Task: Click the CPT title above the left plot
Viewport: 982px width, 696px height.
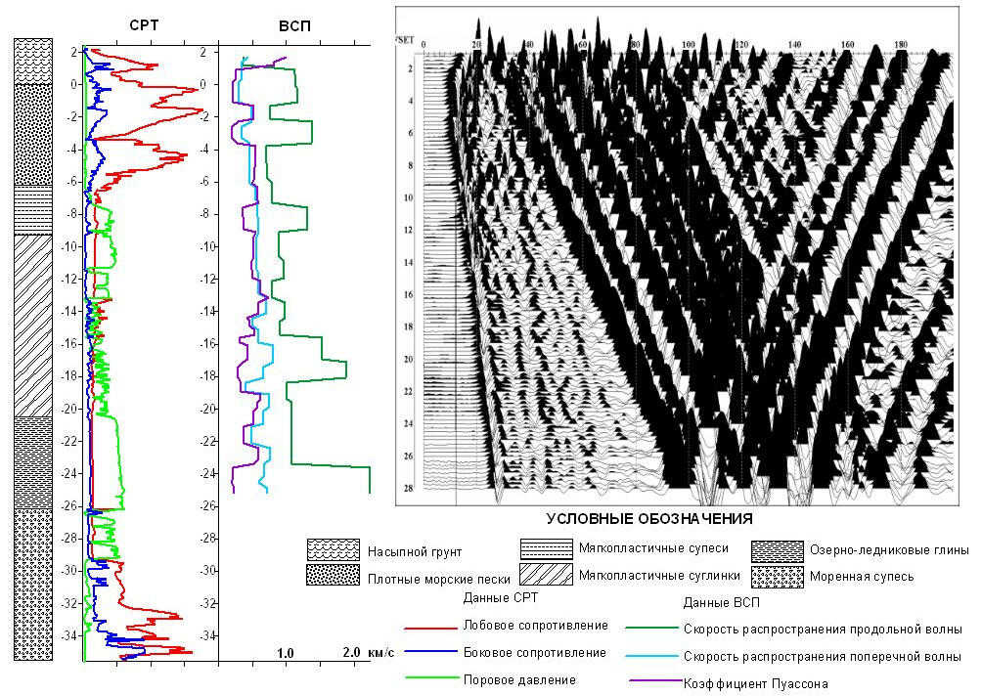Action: [x=143, y=26]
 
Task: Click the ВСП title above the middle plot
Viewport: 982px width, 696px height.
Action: [x=294, y=26]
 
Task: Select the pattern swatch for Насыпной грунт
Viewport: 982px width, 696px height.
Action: [x=334, y=549]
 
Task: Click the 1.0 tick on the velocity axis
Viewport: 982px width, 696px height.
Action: [x=287, y=651]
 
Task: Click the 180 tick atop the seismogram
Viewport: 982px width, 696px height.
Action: [x=900, y=45]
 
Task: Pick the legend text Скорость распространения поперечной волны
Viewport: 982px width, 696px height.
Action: [x=823, y=656]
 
